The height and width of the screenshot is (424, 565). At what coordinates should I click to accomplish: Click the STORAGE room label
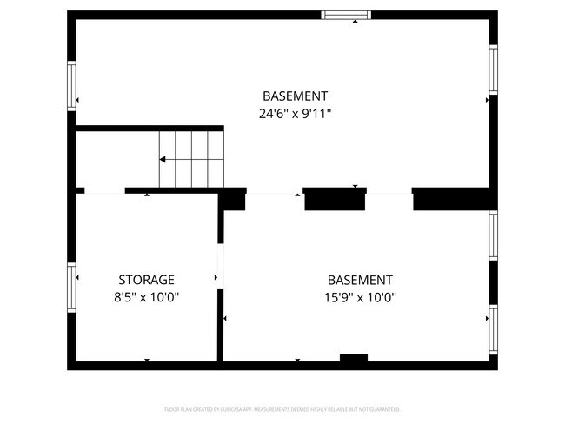point(146,280)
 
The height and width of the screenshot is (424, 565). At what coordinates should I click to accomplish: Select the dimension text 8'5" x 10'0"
point(146,297)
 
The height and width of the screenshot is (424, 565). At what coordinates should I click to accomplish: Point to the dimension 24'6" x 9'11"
point(296,113)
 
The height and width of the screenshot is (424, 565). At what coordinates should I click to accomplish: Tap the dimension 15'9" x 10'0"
point(360,297)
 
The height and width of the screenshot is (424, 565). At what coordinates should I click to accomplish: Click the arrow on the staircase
point(163,159)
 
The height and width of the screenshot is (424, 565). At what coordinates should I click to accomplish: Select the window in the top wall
point(346,14)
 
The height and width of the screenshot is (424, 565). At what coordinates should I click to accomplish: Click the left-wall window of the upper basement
point(72,83)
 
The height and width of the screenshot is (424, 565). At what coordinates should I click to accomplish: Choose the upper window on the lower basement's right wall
point(493,235)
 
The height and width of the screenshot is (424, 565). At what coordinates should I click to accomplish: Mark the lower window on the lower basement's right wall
point(493,328)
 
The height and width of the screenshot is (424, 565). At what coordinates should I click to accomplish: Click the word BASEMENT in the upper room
point(296,96)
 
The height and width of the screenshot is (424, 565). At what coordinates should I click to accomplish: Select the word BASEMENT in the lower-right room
point(360,280)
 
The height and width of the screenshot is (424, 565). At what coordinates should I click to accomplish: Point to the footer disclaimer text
point(282,409)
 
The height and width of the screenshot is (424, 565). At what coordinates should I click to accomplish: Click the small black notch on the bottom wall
point(353,357)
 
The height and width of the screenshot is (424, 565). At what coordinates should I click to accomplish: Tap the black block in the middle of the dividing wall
point(335,199)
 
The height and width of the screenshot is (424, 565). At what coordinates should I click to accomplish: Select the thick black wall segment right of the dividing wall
point(452,199)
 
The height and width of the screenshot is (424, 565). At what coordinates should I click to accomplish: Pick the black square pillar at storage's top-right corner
point(231,200)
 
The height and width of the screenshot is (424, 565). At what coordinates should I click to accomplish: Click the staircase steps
point(191,158)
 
